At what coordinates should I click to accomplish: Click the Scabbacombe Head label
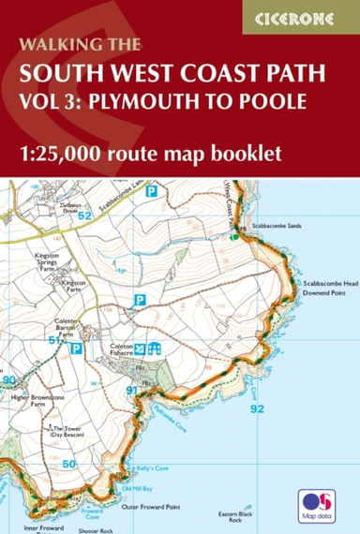tap(324, 283)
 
